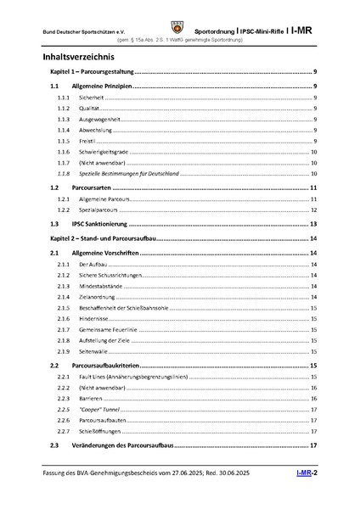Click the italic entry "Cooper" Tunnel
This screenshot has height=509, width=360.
click(x=99, y=409)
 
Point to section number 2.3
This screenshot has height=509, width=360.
click(x=55, y=445)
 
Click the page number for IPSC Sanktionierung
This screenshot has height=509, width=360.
click(x=313, y=224)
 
